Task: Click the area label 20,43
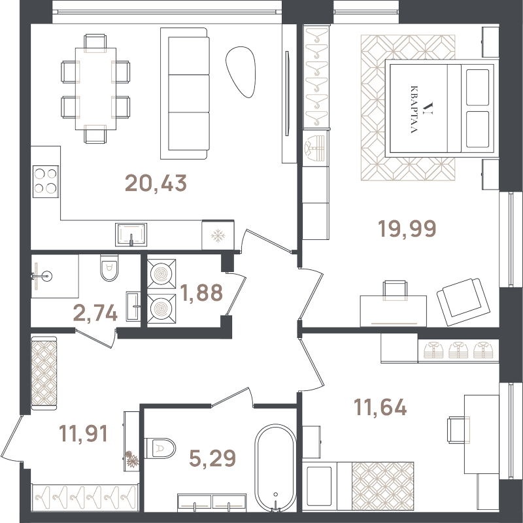pyautogui.click(x=156, y=183)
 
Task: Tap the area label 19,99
pyautogui.click(x=407, y=228)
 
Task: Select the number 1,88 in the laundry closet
pyautogui.click(x=201, y=292)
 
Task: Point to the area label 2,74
pyautogui.click(x=95, y=313)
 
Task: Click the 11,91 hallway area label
pyautogui.click(x=83, y=433)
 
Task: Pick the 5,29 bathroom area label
pyautogui.click(x=212, y=458)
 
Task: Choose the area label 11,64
pyautogui.click(x=380, y=407)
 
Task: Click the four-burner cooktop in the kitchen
pyautogui.click(x=46, y=182)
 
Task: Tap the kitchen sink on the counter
pyautogui.click(x=131, y=235)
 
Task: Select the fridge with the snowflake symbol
pyautogui.click(x=218, y=235)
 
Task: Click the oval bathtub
pyautogui.click(x=275, y=467)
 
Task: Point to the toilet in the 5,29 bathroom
pyautogui.click(x=160, y=448)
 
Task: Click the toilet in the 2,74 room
pyautogui.click(x=109, y=267)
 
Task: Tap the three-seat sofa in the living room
pyautogui.click(x=184, y=93)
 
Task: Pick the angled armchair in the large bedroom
pyautogui.click(x=464, y=302)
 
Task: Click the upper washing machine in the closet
pyautogui.click(x=161, y=274)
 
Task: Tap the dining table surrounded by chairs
pyautogui.click(x=95, y=89)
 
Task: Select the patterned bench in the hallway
pyautogui.click(x=44, y=373)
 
